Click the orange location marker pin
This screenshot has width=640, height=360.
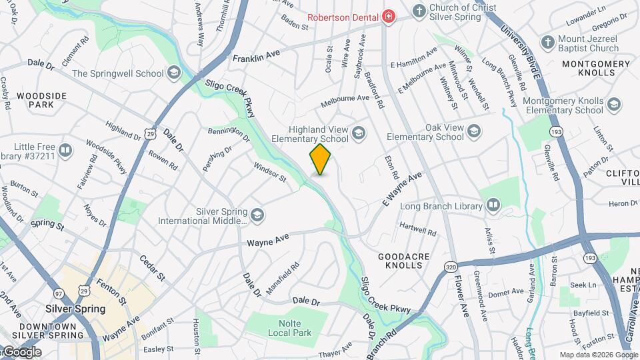pos(321,159)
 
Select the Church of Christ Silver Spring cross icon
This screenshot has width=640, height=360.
pos(419,11)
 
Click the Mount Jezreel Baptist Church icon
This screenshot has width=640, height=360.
pos(547,43)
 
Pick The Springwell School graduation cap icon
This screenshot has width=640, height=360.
pos(174,73)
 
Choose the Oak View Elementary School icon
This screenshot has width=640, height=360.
pos(474,131)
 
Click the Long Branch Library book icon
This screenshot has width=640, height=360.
pos(493,205)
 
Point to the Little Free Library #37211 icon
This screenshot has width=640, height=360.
pos(65,150)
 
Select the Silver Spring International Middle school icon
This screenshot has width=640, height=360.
pos(257,215)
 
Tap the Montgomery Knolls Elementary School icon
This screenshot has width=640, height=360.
pos(614,105)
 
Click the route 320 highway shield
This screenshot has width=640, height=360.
pos(451,267)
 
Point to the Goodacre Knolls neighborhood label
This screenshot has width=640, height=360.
pos(400,261)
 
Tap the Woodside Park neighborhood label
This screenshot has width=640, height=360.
pos(41,100)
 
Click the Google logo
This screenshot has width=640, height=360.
pos(21,352)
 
